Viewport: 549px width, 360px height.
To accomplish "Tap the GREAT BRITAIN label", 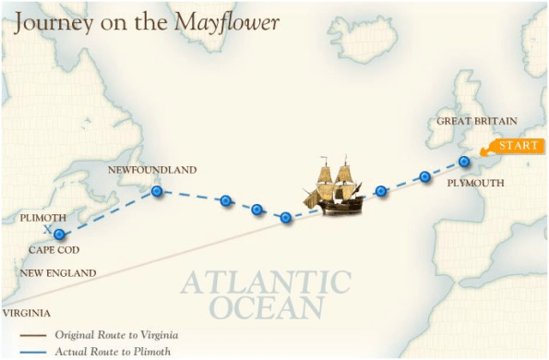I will (x=476, y=121).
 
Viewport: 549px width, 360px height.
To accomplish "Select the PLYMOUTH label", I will (x=475, y=184).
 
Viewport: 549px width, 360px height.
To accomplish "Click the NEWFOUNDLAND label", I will (x=152, y=171).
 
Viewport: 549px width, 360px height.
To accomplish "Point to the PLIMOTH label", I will (x=42, y=219).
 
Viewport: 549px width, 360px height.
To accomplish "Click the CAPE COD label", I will (x=54, y=250).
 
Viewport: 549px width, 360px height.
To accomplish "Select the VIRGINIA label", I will (x=26, y=313).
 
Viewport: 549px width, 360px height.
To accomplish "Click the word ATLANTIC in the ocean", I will (x=267, y=282).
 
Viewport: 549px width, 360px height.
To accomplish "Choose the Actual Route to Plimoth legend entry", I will (x=112, y=351).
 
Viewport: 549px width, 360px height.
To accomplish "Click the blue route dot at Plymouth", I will (x=464, y=162).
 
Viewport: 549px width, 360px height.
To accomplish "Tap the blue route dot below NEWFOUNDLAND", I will (x=157, y=191).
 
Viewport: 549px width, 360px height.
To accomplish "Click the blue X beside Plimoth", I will (x=47, y=227).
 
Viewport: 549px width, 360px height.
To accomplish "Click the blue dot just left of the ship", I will (x=286, y=218).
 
